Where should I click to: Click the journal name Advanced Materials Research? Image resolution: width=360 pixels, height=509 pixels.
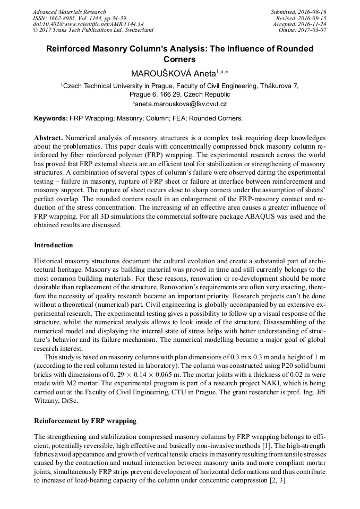pos(69,12)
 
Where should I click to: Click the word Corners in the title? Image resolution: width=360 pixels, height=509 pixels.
pos(179,59)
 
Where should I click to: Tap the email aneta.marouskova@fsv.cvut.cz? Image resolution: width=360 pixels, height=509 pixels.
pos(180,105)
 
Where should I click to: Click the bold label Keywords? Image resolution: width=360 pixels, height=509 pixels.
pos(51,118)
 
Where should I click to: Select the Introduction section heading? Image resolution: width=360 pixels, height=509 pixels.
pos(54,245)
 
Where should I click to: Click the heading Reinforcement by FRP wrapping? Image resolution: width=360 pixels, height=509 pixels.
pos(85,421)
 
